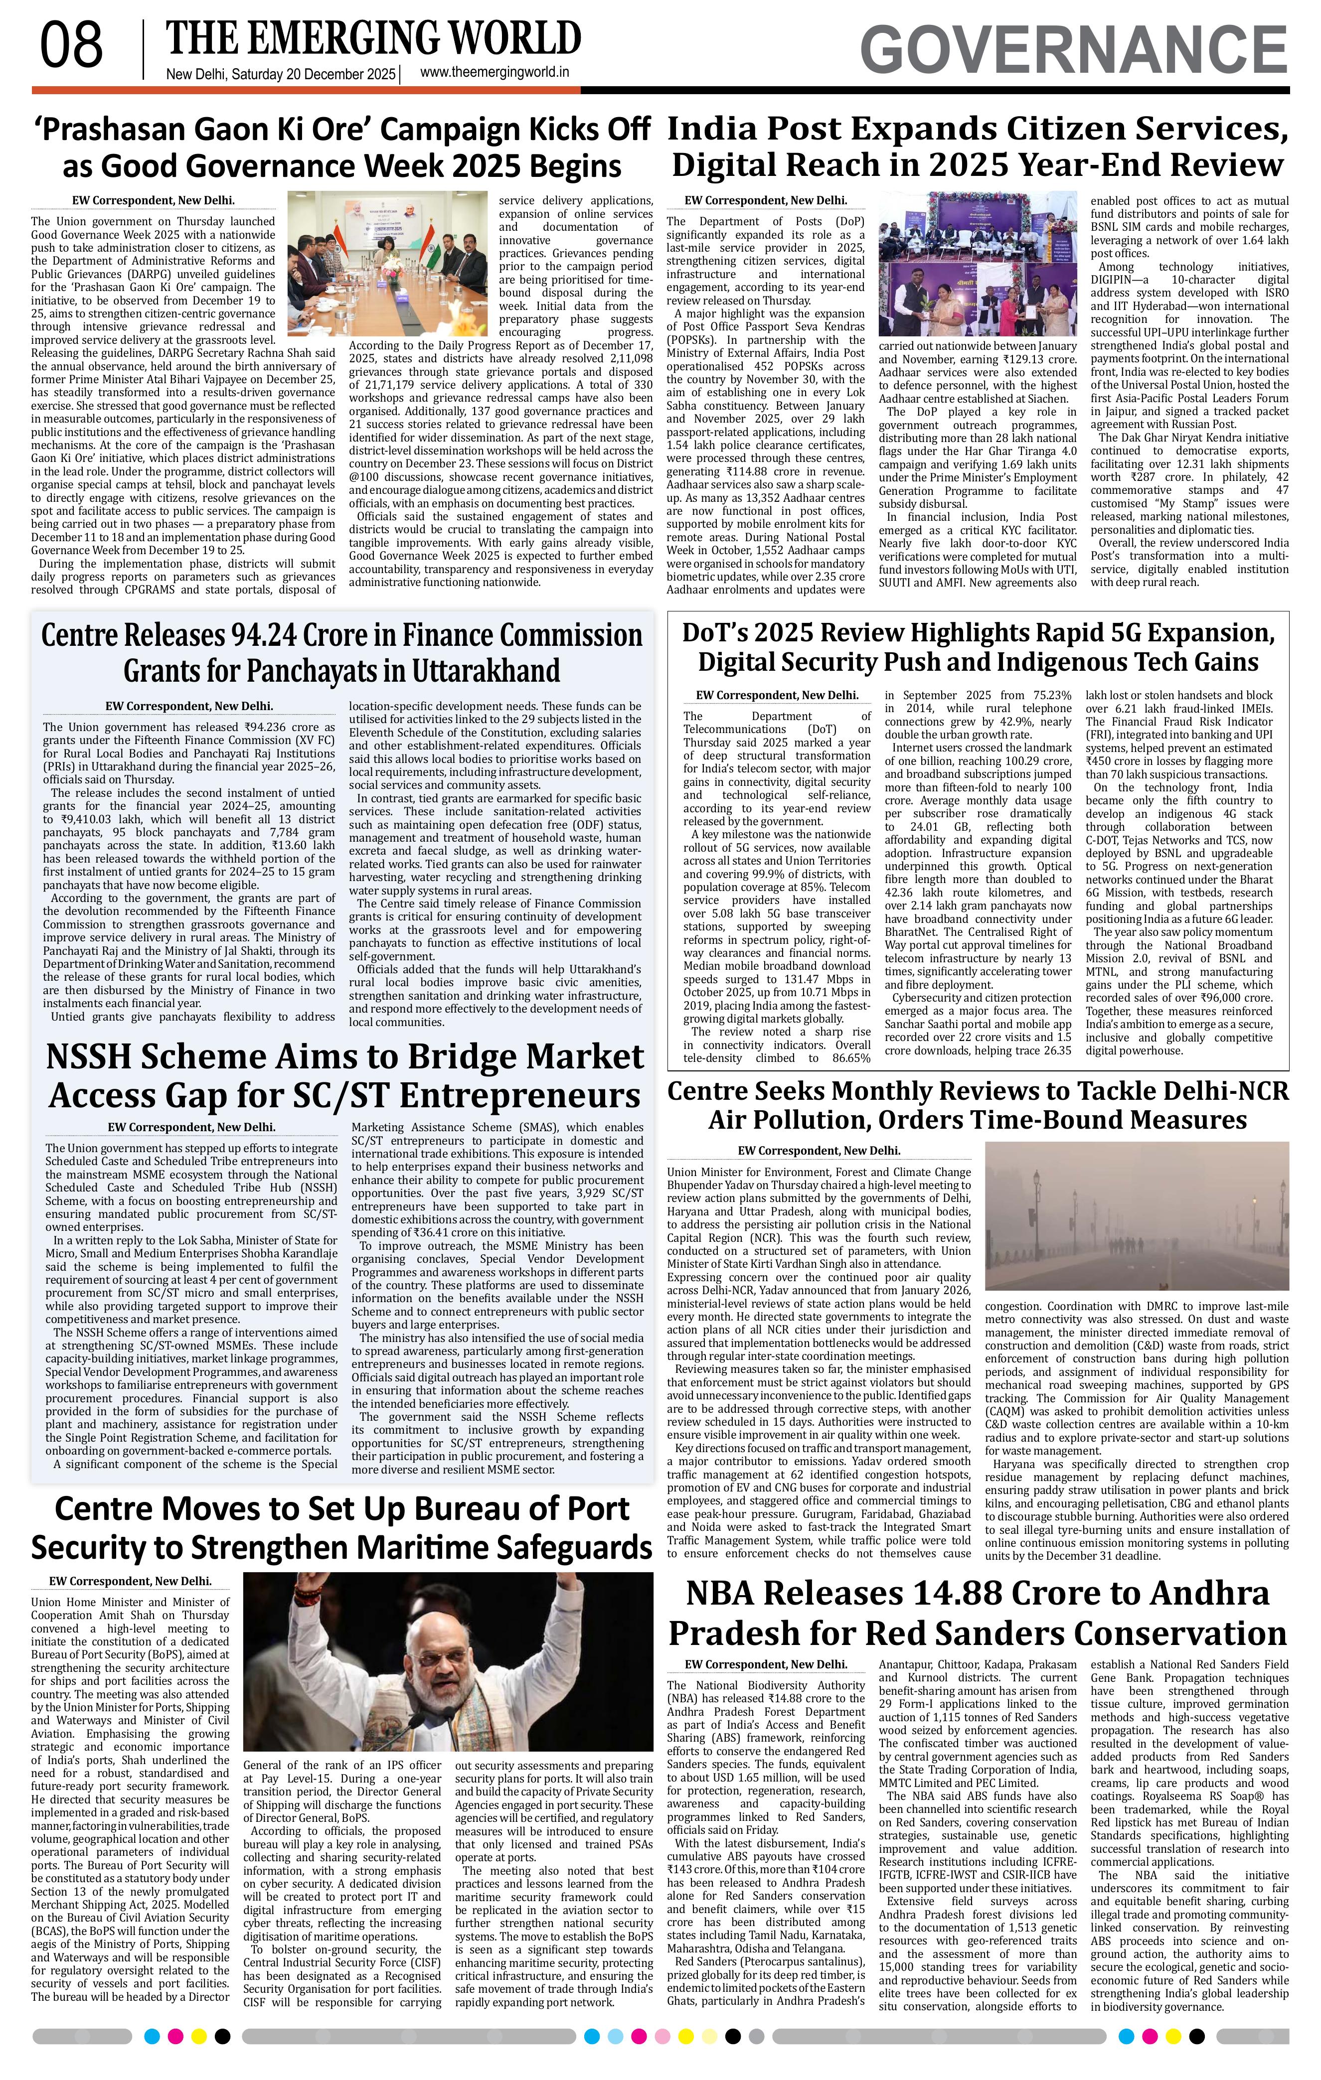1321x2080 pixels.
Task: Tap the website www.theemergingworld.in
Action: tap(494, 73)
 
